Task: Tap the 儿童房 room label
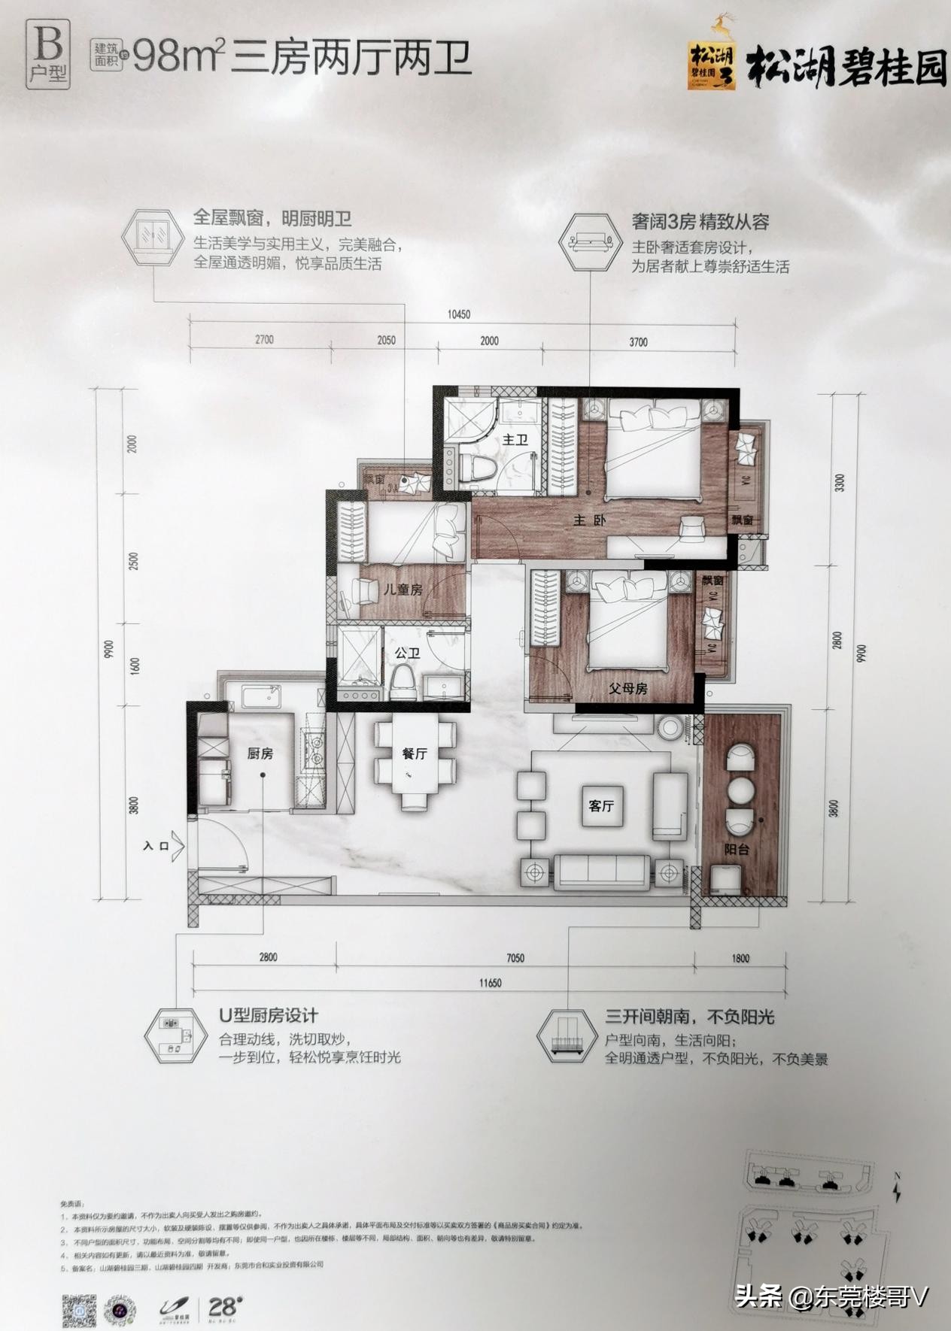coord(403,590)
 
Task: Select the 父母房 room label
coord(627,688)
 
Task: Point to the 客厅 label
coord(601,806)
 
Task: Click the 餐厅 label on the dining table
coord(415,753)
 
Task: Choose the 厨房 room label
coord(260,753)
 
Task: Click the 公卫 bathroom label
coord(406,653)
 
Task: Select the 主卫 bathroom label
coord(515,439)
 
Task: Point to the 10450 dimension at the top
coord(458,314)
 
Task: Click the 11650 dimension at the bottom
coord(488,983)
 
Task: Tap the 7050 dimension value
coord(515,958)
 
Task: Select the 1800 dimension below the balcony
coord(740,958)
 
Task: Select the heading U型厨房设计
coord(269,1016)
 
